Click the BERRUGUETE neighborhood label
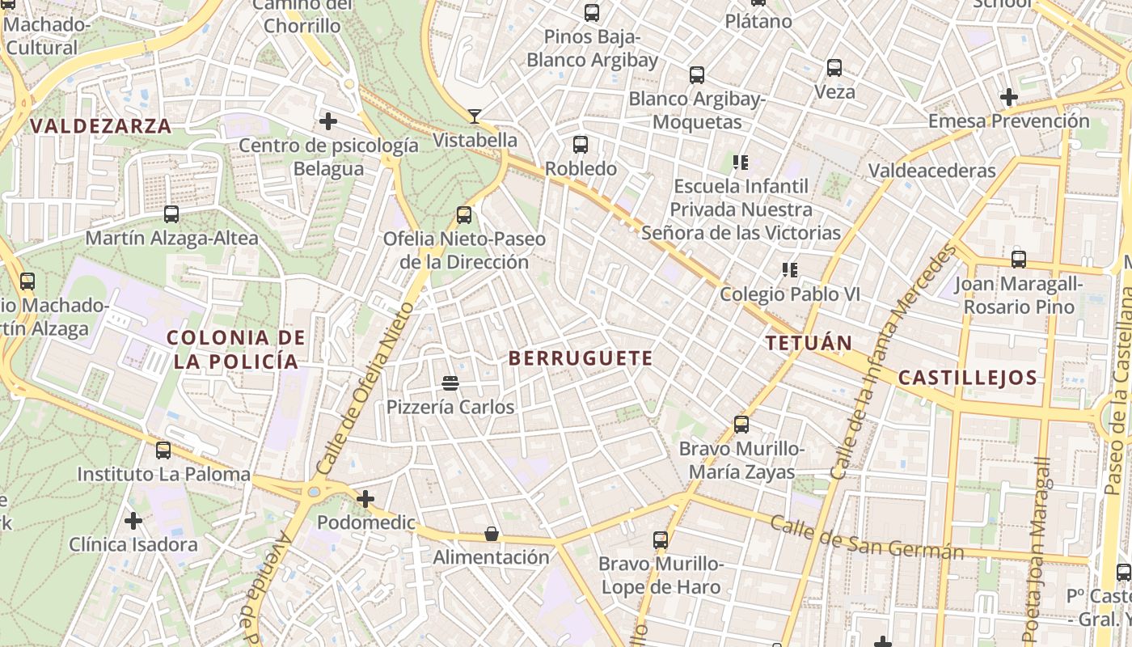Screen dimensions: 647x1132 (581, 358)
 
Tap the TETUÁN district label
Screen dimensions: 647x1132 (809, 343)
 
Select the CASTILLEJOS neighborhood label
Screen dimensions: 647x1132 (968, 378)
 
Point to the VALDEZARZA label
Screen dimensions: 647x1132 (101, 126)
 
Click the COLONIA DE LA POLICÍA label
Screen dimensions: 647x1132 (236, 349)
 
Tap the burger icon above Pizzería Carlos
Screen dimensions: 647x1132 (450, 383)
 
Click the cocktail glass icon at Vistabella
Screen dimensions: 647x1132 (475, 116)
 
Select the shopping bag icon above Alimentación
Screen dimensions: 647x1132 (491, 534)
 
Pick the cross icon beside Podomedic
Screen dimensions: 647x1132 (365, 499)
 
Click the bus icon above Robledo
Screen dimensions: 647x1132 (581, 145)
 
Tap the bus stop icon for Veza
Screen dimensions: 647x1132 (834, 68)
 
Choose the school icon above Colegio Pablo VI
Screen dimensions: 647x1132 (789, 270)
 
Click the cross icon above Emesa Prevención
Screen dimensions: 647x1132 (1008, 97)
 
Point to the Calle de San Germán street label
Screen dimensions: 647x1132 (867, 538)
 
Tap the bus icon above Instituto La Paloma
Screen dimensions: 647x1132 (163, 450)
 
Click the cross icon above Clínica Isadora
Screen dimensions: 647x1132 (133, 521)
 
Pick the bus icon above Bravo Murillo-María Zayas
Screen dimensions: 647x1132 (741, 424)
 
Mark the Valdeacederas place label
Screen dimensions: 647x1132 (931, 171)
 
